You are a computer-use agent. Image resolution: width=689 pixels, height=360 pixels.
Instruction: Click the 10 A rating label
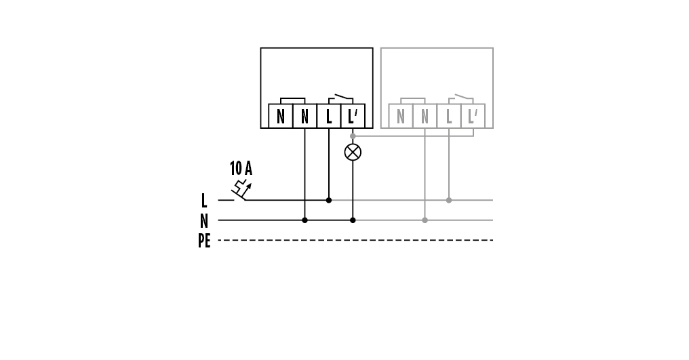tap(241, 168)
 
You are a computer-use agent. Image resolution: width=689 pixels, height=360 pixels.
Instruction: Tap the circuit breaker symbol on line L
tap(241, 190)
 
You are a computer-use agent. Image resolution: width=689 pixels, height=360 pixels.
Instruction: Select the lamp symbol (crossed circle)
tap(353, 152)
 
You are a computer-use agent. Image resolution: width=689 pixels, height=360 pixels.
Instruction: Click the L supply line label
tap(204, 201)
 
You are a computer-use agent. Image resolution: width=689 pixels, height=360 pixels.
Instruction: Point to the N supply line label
tap(204, 220)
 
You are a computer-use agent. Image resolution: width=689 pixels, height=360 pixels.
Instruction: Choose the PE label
tap(204, 241)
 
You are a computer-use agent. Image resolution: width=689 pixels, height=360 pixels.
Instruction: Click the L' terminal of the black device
tap(353, 116)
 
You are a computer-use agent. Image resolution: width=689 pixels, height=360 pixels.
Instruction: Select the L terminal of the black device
tap(329, 116)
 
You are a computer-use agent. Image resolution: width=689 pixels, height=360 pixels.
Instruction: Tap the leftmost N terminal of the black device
tap(281, 116)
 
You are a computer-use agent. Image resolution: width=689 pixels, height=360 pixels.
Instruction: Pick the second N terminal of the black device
tap(304, 116)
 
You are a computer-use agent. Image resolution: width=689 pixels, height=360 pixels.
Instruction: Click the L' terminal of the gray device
tap(473, 116)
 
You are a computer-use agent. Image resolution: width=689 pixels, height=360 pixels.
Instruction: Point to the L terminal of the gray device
tap(449, 116)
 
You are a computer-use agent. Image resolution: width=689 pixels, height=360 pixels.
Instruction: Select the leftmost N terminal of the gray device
tap(401, 116)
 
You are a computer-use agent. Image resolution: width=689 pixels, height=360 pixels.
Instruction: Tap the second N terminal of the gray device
tap(425, 116)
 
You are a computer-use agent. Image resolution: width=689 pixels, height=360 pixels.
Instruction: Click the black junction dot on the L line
tap(329, 201)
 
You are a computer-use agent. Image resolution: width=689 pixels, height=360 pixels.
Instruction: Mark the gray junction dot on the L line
tap(449, 201)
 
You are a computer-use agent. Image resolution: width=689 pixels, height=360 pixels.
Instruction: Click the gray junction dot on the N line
tap(425, 220)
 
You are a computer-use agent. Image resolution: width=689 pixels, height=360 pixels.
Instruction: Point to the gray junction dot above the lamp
tap(353, 136)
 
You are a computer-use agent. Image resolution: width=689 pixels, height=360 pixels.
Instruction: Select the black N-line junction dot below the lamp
tap(353, 220)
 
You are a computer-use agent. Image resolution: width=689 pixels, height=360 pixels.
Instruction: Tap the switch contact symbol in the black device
tap(341, 98)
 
